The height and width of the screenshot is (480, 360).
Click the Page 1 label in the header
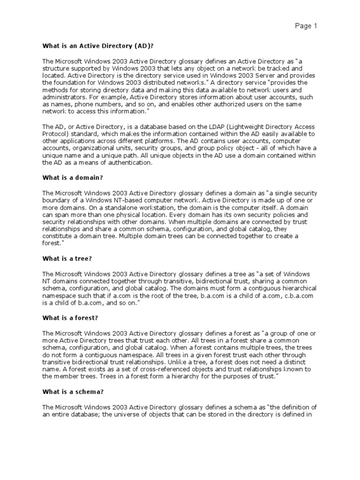pos(306,26)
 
